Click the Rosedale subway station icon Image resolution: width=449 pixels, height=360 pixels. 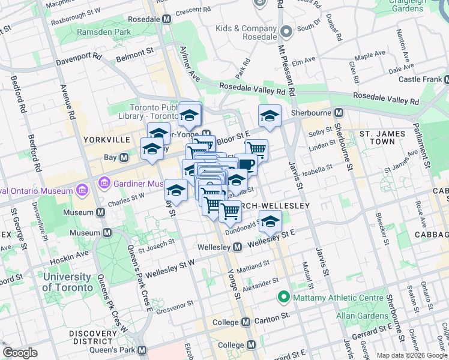pos(167,19)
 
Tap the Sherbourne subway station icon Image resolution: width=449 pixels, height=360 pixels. pos(339,112)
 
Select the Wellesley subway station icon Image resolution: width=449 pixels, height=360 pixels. pos(237,247)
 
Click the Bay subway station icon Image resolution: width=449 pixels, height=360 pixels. pos(124,158)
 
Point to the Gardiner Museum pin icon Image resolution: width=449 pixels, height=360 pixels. pos(106,182)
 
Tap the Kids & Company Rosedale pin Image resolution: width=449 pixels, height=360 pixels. pos(286,32)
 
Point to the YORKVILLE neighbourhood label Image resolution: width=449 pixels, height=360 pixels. pos(107,139)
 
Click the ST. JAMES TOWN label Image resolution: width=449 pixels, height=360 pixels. pos(377,137)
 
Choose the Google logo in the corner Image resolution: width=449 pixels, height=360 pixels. pos(20,353)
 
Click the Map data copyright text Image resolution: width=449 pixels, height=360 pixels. pos(412,355)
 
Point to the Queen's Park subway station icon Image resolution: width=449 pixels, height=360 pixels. pos(142,350)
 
